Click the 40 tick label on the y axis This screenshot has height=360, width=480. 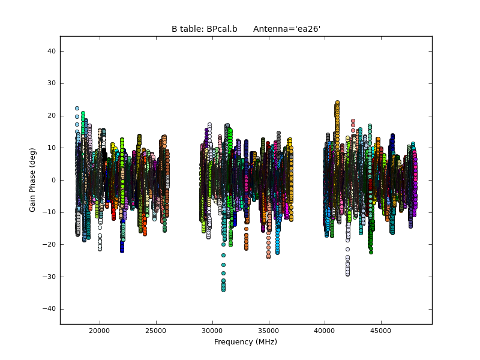pyautogui.click(x=51, y=52)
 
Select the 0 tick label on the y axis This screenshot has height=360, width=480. pyautogui.click(x=53, y=180)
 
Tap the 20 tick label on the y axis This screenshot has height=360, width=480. pyautogui.click(x=51, y=116)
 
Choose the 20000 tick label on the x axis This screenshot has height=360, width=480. pyautogui.click(x=99, y=331)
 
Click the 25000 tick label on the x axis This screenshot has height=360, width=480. pyautogui.click(x=155, y=331)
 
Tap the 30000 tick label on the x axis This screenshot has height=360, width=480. pyautogui.click(x=212, y=331)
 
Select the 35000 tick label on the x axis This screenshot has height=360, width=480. pyautogui.click(x=268, y=331)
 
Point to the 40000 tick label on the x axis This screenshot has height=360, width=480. pyautogui.click(x=325, y=331)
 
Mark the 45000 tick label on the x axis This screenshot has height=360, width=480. pyautogui.click(x=381, y=331)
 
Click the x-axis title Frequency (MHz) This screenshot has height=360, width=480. pyautogui.click(x=245, y=342)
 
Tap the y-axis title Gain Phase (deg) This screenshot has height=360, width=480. pyautogui.click(x=33, y=180)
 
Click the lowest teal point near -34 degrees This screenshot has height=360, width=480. pyautogui.click(x=223, y=290)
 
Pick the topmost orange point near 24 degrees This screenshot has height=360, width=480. pyautogui.click(x=337, y=103)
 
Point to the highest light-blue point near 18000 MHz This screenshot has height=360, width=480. pyautogui.click(x=77, y=109)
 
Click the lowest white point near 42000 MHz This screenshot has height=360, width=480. pyautogui.click(x=347, y=274)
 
